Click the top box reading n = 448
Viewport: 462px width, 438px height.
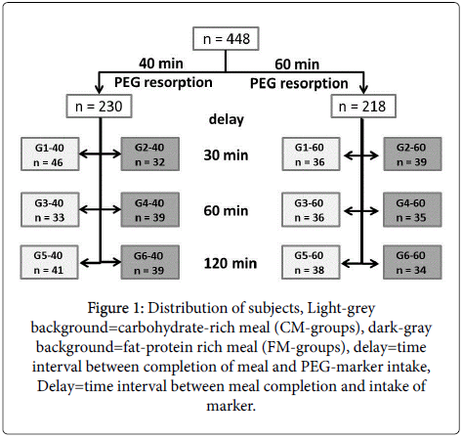226,39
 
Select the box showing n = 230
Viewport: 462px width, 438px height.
99,107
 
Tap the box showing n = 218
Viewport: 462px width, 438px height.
363,107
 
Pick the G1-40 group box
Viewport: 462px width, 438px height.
50,154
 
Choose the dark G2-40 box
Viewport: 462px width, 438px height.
150,154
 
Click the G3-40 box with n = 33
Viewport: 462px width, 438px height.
50,210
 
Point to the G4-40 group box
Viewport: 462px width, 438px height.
150,210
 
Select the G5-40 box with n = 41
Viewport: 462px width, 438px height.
49,262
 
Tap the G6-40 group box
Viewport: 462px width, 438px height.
150,262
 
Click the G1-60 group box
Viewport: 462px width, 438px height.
311,154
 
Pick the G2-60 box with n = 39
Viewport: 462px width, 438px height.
412,154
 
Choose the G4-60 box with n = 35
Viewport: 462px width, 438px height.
412,210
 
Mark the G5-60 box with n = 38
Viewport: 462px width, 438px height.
311,262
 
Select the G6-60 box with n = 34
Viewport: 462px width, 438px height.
412,262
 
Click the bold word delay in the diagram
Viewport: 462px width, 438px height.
227,120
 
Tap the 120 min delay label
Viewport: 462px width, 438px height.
231,263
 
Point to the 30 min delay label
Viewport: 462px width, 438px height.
226,155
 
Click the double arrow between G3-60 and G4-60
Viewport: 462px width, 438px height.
361,211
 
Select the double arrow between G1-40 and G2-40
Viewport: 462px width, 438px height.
100,153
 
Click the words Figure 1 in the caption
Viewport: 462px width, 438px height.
115,308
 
